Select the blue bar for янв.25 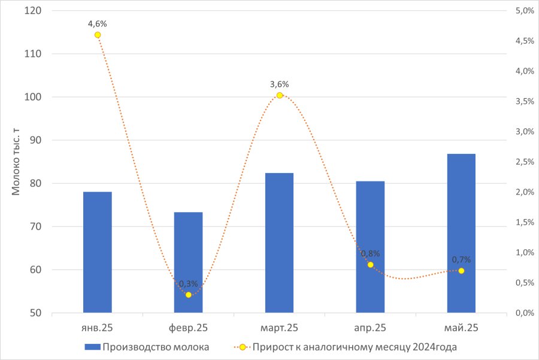[x=97, y=252]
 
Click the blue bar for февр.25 [x=189, y=262]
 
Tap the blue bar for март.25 [x=280, y=243]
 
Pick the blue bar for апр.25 [x=370, y=247]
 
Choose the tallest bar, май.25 [x=461, y=233]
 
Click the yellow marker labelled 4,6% [x=98, y=35]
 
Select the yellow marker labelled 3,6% [x=280, y=95]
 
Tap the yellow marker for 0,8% [x=370, y=265]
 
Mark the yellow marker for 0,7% [x=461, y=271]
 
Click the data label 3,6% [x=280, y=84]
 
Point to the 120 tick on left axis [x=33, y=11]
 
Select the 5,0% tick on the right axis [x=525, y=11]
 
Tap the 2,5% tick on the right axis [x=525, y=162]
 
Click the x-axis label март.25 [x=279, y=328]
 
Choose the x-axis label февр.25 [x=189, y=328]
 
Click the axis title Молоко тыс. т [x=16, y=162]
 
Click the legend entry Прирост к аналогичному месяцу [x=346, y=347]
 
